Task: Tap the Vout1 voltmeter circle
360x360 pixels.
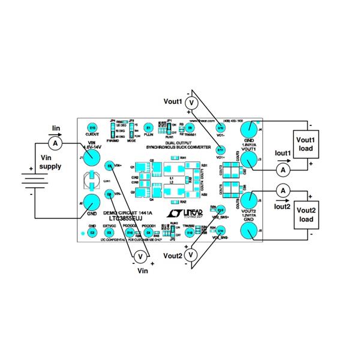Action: (191, 104)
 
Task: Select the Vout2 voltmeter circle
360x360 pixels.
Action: (191, 255)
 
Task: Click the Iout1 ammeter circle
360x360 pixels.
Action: (283, 171)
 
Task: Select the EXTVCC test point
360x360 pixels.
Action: (109, 232)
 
